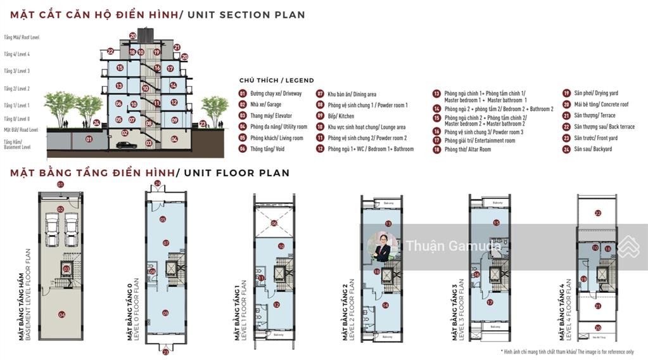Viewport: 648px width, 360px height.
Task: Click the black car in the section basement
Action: click(x=125, y=145)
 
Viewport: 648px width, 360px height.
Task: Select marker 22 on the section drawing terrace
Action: click(x=110, y=51)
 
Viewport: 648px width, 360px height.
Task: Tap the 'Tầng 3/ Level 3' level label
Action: click(x=16, y=71)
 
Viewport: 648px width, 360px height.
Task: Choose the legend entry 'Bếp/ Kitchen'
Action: click(x=341, y=116)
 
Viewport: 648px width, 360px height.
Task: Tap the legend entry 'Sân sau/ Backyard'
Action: click(x=589, y=149)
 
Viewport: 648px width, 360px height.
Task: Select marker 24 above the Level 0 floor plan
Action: click(x=157, y=184)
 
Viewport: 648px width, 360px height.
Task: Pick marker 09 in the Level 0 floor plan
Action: click(x=165, y=312)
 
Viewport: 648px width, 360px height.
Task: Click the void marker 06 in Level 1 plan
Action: click(x=274, y=223)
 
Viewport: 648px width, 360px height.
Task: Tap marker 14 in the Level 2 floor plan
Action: click(x=384, y=305)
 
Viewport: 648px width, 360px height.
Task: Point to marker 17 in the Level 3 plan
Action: click(x=490, y=302)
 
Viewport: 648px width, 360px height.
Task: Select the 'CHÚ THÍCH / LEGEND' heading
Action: click(x=276, y=80)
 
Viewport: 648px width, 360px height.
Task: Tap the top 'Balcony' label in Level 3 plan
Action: click(x=497, y=203)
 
